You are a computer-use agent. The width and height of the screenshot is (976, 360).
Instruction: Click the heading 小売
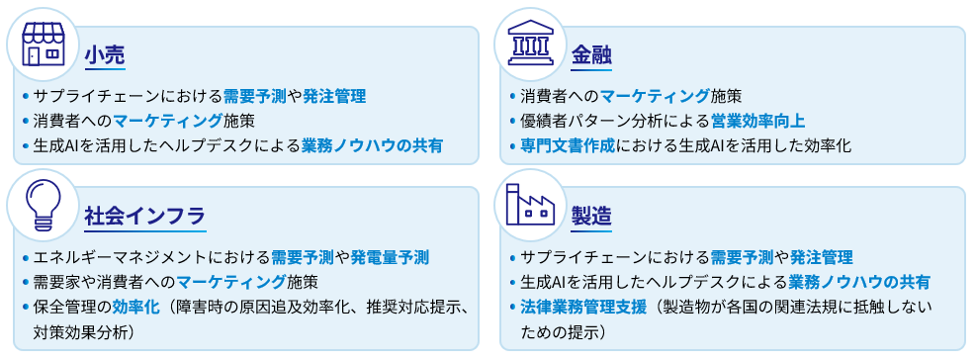tap(104, 55)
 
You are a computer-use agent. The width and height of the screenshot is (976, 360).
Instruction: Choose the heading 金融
tap(591, 55)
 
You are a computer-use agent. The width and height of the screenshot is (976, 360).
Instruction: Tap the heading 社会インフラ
tap(144, 216)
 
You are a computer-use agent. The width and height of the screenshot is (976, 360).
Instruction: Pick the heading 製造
tap(591, 216)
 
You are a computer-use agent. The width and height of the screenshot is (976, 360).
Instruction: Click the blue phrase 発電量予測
tap(390, 257)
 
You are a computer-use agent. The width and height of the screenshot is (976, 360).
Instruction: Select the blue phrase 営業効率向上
tap(757, 121)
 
